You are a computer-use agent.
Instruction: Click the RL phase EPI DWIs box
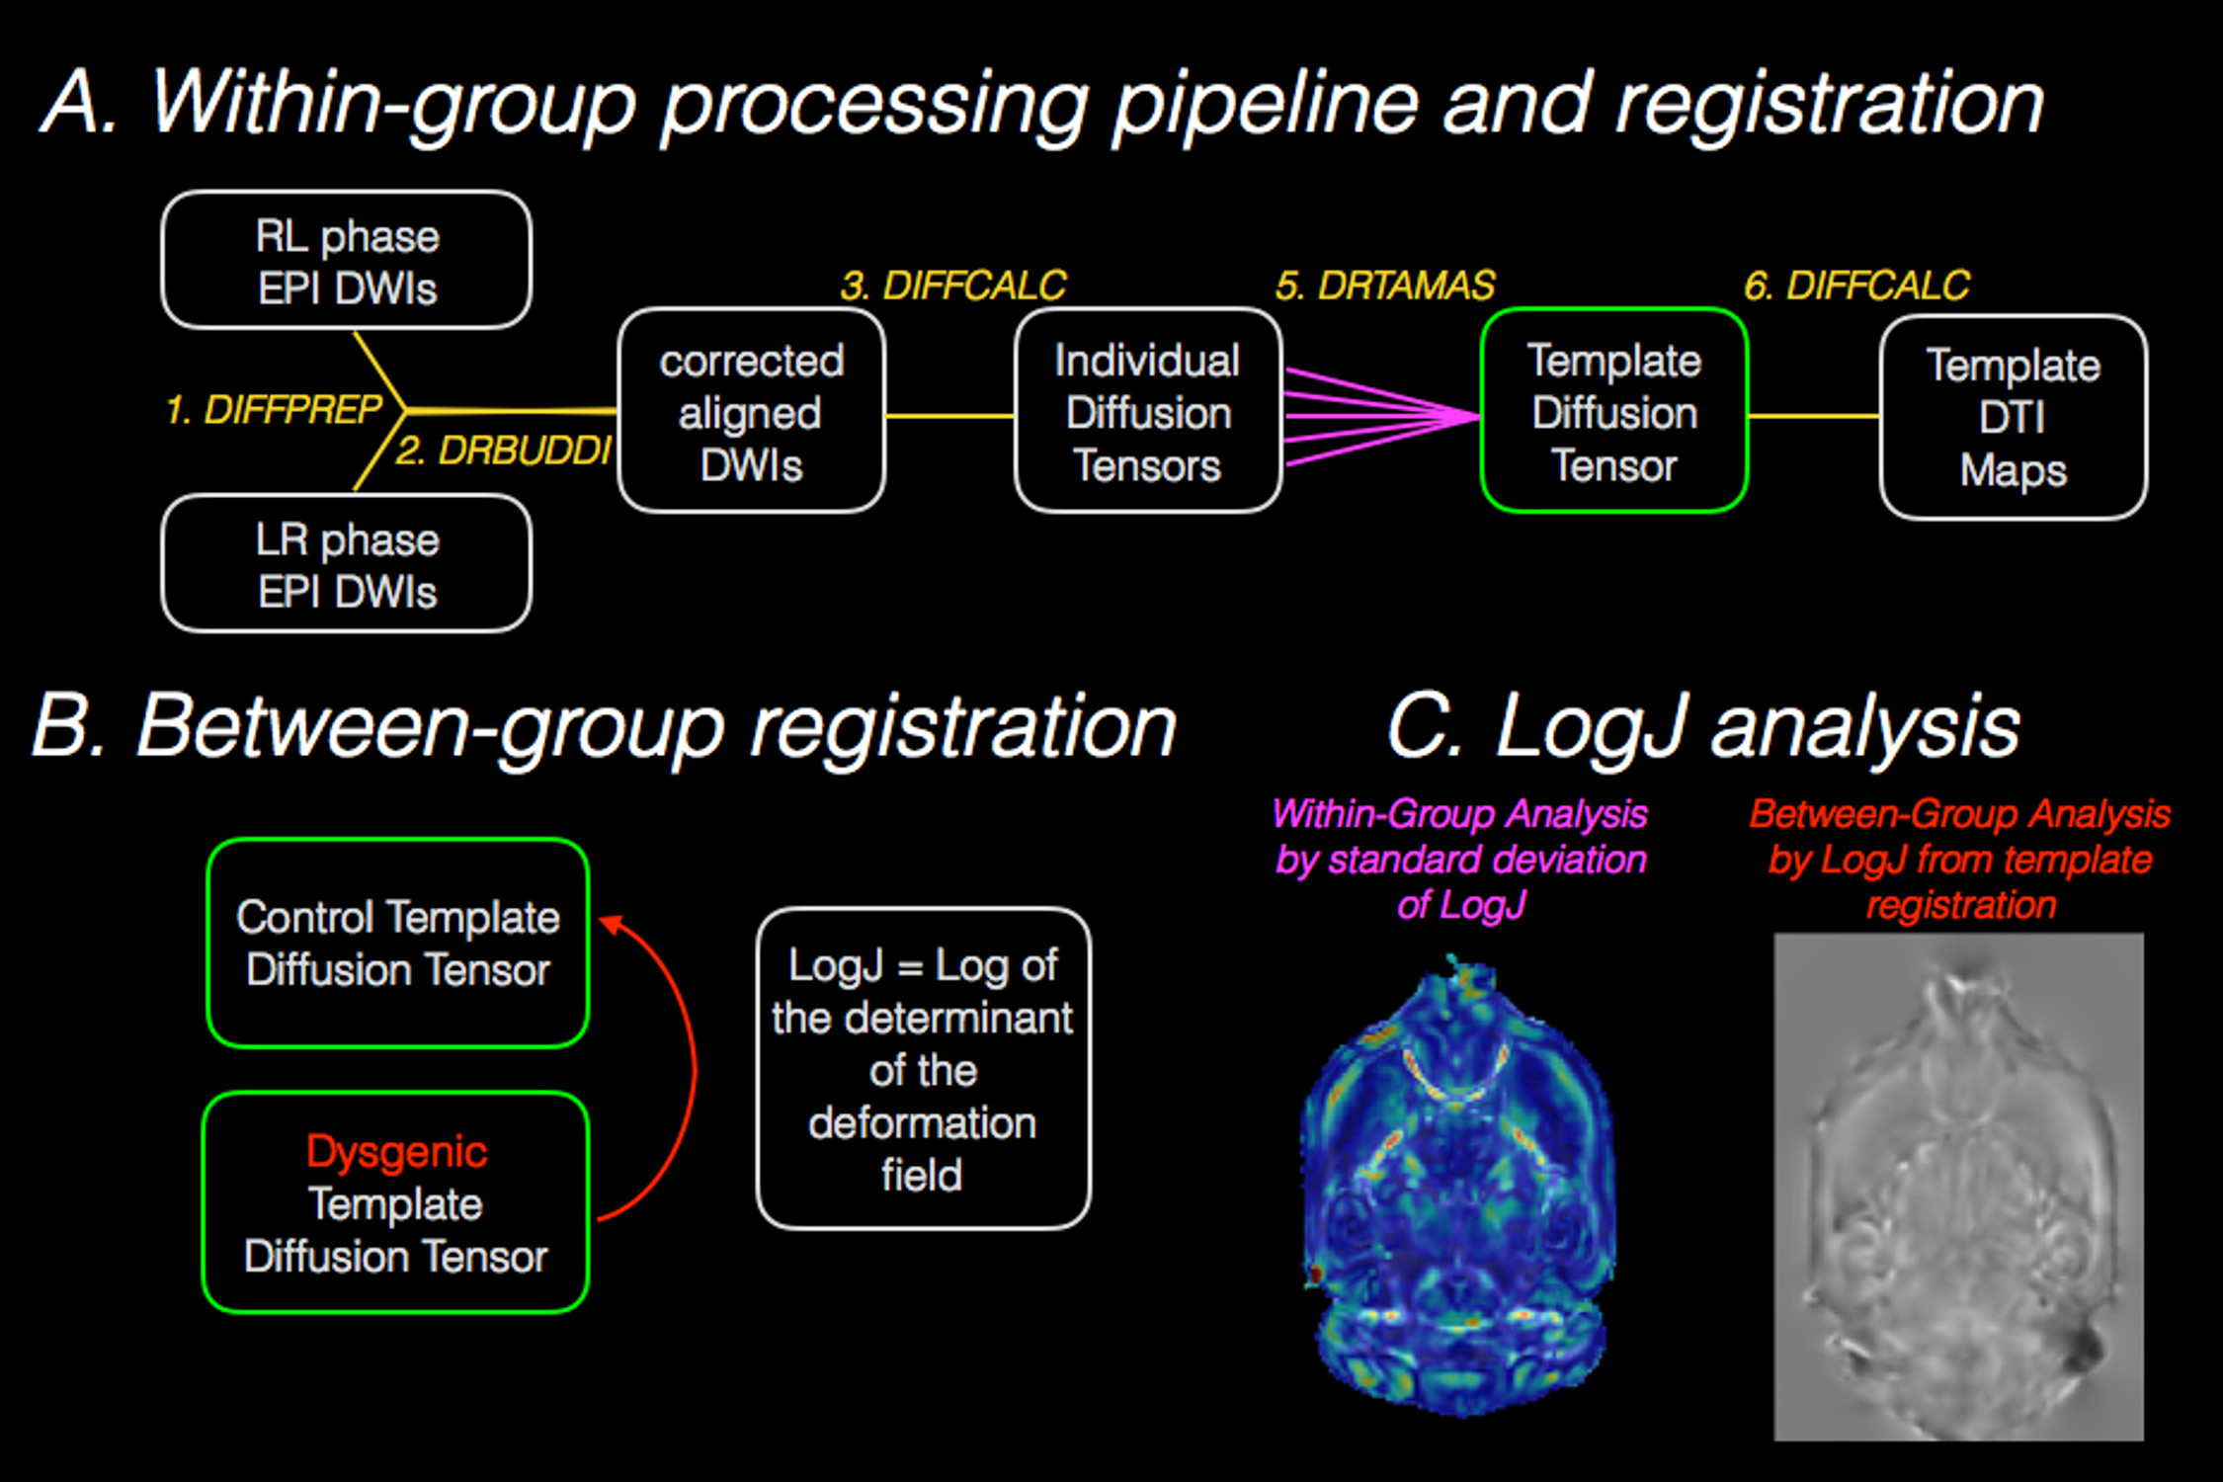coord(347,260)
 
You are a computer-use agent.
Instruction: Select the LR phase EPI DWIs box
coord(347,563)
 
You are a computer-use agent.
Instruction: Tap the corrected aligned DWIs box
coord(752,411)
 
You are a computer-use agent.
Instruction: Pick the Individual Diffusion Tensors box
coord(1148,411)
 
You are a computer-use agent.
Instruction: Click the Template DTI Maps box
coord(2014,417)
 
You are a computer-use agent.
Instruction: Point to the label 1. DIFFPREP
coord(274,409)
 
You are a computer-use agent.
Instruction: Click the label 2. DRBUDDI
coord(504,451)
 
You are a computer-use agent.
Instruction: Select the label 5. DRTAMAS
coord(1385,286)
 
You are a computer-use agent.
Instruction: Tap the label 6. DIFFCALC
coord(1856,286)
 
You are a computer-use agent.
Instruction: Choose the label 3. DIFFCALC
coord(953,286)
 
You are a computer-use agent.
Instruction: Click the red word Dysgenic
coord(396,1152)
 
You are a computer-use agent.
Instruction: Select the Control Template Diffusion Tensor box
coord(398,944)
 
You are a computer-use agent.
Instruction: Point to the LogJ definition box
coord(924,1069)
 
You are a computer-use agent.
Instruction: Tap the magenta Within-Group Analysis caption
coord(1460,859)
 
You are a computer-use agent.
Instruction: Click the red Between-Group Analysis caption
coord(1960,859)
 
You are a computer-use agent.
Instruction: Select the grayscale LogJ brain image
coord(1959,1187)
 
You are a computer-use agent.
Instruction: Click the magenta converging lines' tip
coord(1478,416)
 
